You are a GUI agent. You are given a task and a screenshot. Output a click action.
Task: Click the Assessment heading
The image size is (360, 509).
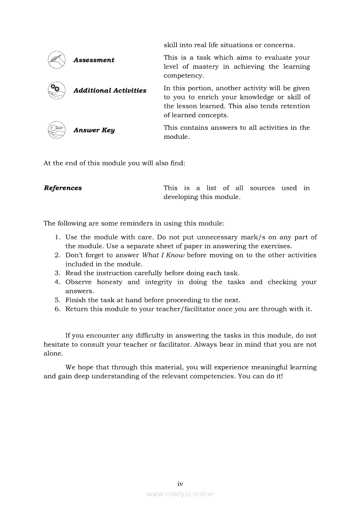coord(94,60)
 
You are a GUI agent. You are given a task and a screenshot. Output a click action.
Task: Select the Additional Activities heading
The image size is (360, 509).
coord(110,91)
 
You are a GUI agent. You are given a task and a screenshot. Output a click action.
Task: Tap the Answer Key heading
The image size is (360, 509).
coord(94,130)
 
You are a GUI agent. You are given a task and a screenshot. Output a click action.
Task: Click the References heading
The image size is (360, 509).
coord(63,188)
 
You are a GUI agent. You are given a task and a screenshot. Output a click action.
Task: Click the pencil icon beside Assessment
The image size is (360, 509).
coord(56,60)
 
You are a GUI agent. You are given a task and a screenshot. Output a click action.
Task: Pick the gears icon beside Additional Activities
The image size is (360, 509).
coord(56,90)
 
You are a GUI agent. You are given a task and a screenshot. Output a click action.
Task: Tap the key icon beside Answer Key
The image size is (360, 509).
coord(56,130)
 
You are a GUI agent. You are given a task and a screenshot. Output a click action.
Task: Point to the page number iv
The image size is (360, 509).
coord(180,484)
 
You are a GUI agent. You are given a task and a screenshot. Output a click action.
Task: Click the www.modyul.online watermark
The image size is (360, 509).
coord(180,494)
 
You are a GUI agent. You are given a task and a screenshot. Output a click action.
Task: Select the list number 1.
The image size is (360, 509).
coord(57,237)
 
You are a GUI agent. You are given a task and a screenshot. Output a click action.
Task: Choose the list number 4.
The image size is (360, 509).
coord(57,282)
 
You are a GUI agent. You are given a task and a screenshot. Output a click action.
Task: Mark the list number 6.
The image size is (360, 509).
coord(57,309)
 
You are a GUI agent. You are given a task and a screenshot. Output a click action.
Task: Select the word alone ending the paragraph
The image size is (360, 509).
coord(52,354)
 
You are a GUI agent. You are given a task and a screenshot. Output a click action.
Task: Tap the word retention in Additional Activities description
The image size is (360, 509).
coord(295,106)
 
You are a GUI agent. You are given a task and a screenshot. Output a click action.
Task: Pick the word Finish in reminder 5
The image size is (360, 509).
coord(75,300)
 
